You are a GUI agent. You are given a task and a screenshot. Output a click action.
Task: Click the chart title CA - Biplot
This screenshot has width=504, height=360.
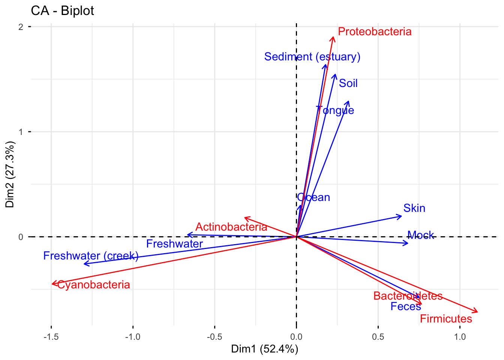(x=62, y=10)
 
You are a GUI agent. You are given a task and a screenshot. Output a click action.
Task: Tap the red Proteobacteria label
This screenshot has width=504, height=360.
(x=374, y=31)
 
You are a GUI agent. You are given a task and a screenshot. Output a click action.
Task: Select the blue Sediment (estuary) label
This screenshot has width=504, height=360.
(x=312, y=57)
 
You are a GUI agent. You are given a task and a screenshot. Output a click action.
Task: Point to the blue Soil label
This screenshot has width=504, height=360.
(x=348, y=83)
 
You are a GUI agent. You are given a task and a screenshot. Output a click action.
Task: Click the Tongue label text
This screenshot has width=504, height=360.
(x=335, y=110)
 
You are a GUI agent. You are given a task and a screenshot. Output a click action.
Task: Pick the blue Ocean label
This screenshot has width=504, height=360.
(x=313, y=197)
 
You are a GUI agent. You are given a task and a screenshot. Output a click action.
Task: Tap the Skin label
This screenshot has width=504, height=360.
(x=414, y=208)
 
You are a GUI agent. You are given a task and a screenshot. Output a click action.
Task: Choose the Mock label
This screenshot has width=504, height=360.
(x=420, y=235)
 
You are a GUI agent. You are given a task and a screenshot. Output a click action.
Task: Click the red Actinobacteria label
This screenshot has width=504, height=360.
(x=231, y=227)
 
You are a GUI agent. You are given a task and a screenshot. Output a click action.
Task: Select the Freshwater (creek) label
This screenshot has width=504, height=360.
(x=91, y=256)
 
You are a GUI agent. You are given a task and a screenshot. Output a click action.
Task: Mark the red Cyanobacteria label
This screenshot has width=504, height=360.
(x=93, y=285)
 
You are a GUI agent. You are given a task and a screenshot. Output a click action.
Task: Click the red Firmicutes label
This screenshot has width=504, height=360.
(x=445, y=319)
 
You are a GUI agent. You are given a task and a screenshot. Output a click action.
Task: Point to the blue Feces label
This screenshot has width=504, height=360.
(x=405, y=306)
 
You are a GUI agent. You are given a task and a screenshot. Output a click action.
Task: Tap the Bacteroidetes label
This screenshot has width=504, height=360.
(x=408, y=296)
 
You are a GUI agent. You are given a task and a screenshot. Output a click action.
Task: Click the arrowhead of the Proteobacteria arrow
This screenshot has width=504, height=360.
(x=333, y=37)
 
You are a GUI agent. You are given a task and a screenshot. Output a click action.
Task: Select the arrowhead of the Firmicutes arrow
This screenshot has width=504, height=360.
(x=477, y=312)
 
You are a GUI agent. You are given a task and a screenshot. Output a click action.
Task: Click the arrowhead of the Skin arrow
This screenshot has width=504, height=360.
(x=400, y=216)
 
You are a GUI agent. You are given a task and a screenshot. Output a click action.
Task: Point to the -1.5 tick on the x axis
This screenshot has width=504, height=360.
(x=51, y=337)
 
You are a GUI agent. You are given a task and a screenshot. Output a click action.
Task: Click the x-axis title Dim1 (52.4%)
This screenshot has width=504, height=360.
(x=264, y=349)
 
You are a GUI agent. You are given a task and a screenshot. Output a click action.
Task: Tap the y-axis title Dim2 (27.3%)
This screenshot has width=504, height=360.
(x=10, y=174)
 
